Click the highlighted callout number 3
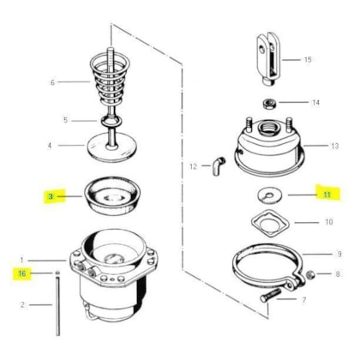(51, 196)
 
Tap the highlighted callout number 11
(327, 195)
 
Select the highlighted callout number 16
(22, 273)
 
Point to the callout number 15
(308, 60)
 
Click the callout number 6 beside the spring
(52, 82)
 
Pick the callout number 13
(335, 146)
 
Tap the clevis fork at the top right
(267, 58)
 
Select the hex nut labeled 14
(269, 103)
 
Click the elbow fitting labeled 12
(219, 165)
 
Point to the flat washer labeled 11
(269, 195)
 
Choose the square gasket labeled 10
(270, 223)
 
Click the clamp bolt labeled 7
(271, 296)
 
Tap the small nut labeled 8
(310, 275)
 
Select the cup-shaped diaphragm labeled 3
(112, 195)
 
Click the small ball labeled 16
(57, 273)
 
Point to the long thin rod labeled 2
(58, 307)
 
